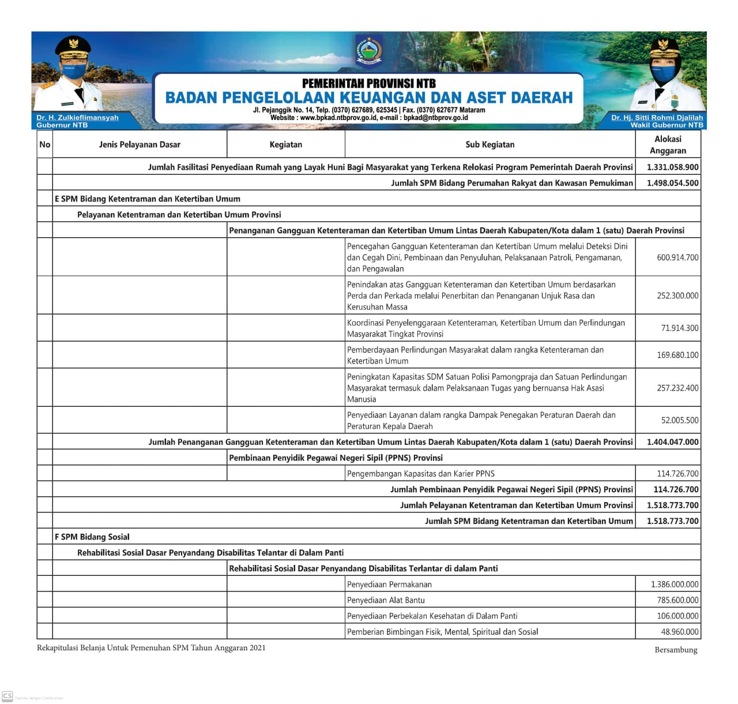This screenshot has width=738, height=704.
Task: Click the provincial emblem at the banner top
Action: click(x=369, y=51)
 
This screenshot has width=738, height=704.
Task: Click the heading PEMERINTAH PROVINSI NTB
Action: click(x=369, y=83)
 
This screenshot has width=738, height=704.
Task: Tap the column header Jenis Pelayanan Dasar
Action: click(x=140, y=144)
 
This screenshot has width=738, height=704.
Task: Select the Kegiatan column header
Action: click(x=286, y=144)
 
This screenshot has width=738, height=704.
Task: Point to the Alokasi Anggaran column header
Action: click(x=668, y=144)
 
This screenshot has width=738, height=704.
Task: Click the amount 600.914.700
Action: click(x=677, y=257)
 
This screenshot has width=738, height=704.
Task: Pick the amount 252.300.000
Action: click(x=677, y=295)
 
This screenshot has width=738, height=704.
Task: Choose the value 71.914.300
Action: click(x=679, y=328)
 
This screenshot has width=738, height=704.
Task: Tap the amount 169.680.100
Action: click(x=677, y=355)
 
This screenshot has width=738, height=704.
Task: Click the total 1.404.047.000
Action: click(x=672, y=442)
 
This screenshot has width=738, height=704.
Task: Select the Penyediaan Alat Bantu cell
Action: click(x=386, y=600)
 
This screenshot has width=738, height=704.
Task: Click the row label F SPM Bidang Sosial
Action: click(x=92, y=537)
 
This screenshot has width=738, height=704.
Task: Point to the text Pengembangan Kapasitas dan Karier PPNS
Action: click(x=421, y=474)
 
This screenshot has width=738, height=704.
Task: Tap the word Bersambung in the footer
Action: click(x=676, y=650)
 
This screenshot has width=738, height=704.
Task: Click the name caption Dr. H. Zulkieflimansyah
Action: click(x=77, y=117)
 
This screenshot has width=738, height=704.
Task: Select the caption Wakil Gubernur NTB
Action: click(x=667, y=125)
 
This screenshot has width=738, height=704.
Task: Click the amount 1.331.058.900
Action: click(x=672, y=167)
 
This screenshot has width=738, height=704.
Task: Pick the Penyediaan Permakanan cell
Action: click(x=389, y=585)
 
